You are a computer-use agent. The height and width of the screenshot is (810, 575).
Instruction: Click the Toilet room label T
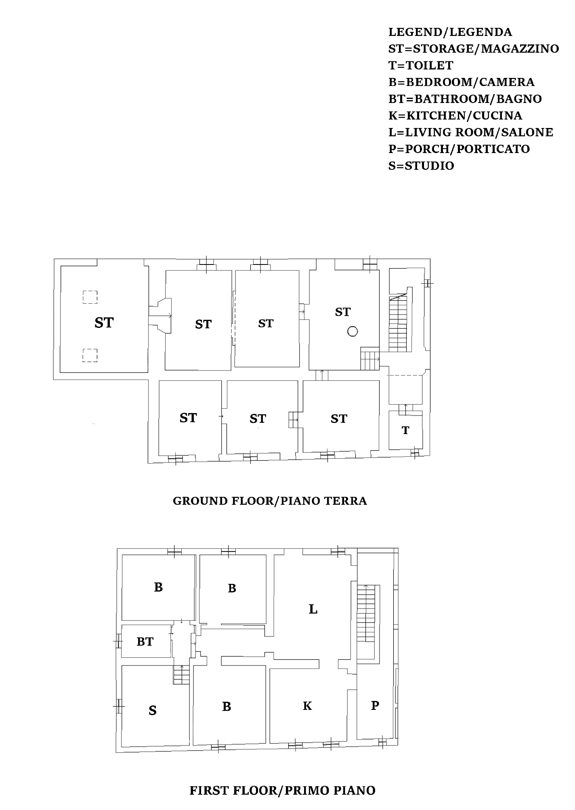click(405, 430)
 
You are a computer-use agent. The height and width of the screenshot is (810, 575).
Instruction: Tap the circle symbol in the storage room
click(353, 332)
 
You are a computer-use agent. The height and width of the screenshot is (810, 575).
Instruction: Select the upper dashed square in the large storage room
click(90, 297)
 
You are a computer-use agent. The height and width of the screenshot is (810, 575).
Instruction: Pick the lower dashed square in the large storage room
click(90, 355)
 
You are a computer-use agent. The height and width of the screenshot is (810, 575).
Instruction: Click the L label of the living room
click(313, 609)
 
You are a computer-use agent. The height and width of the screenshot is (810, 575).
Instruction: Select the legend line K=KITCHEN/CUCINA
click(455, 115)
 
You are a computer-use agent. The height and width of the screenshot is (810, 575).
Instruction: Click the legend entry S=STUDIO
click(421, 166)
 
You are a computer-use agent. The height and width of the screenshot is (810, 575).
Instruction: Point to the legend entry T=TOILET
click(421, 65)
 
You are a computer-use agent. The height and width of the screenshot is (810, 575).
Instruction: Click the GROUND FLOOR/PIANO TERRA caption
click(270, 501)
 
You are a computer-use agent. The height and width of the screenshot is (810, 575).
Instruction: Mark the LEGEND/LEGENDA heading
click(450, 32)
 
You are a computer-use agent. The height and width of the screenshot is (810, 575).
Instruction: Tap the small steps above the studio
click(181, 675)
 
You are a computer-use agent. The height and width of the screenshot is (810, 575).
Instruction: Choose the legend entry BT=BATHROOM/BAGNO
click(465, 99)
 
